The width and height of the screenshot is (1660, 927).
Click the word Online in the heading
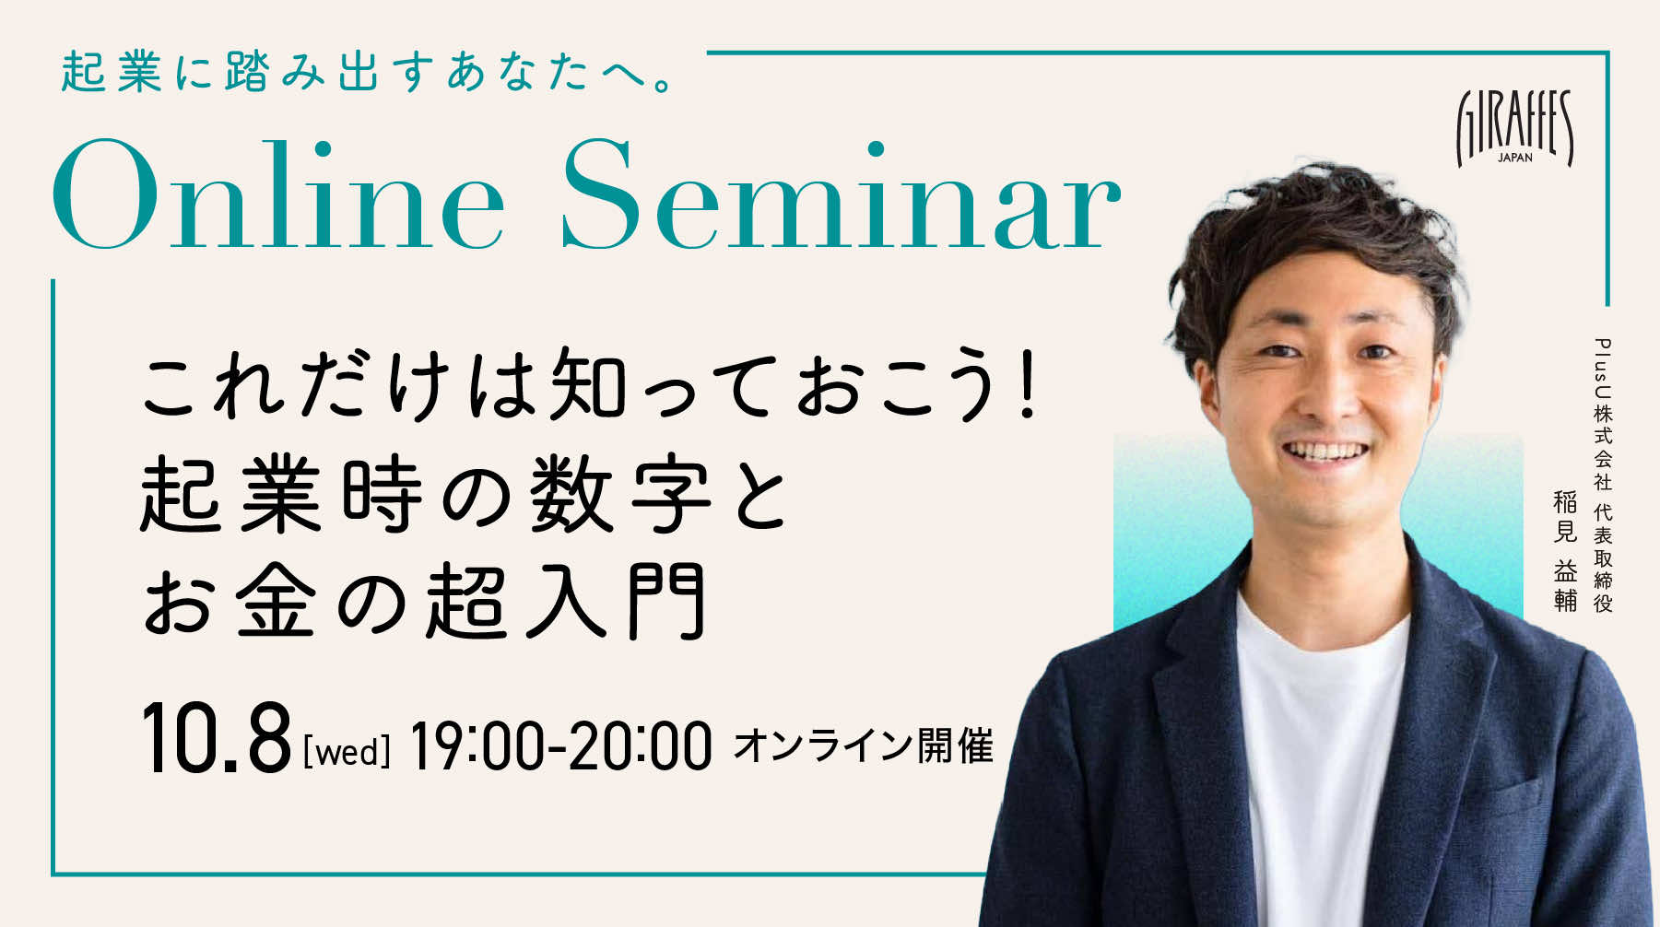(x=277, y=196)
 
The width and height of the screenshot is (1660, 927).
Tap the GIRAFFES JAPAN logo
(x=1514, y=128)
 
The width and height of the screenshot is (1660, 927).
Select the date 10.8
(x=216, y=739)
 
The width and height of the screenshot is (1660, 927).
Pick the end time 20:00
(x=642, y=745)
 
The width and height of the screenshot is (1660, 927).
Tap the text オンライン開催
(x=864, y=745)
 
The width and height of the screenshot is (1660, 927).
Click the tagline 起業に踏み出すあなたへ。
(x=369, y=72)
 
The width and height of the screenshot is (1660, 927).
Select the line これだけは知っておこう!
(x=590, y=383)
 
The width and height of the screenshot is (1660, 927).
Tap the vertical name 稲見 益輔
(x=1565, y=551)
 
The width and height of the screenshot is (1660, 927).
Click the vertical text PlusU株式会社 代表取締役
(x=1604, y=475)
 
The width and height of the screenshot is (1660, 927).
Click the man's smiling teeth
(x=1330, y=452)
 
